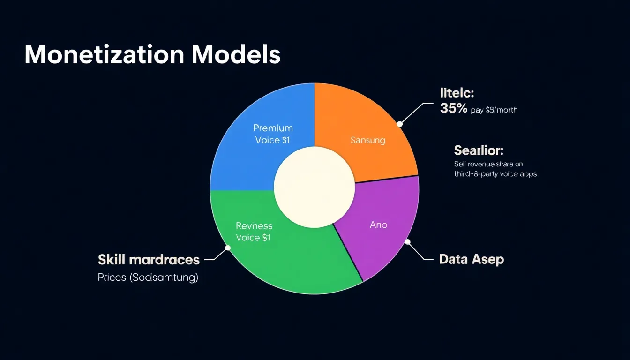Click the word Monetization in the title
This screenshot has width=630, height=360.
coord(104,55)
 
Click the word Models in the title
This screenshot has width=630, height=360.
coord(236,55)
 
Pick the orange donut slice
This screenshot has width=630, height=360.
coord(375,117)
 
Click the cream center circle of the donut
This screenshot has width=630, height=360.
coord(314,187)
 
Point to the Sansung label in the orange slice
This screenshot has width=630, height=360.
coord(368,140)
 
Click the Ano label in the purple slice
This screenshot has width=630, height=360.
coord(378,225)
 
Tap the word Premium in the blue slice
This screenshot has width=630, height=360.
coord(273,128)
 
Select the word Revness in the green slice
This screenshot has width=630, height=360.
coord(254,226)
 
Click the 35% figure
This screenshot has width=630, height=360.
coord(454,109)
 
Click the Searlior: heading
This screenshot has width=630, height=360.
coord(478,150)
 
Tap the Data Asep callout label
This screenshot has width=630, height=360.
coord(471,259)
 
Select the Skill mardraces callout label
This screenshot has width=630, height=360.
coord(149,260)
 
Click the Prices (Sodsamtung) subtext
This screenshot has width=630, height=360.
coord(148,277)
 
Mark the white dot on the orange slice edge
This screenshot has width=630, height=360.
coord(400,124)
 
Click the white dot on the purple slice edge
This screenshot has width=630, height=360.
coord(407,242)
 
